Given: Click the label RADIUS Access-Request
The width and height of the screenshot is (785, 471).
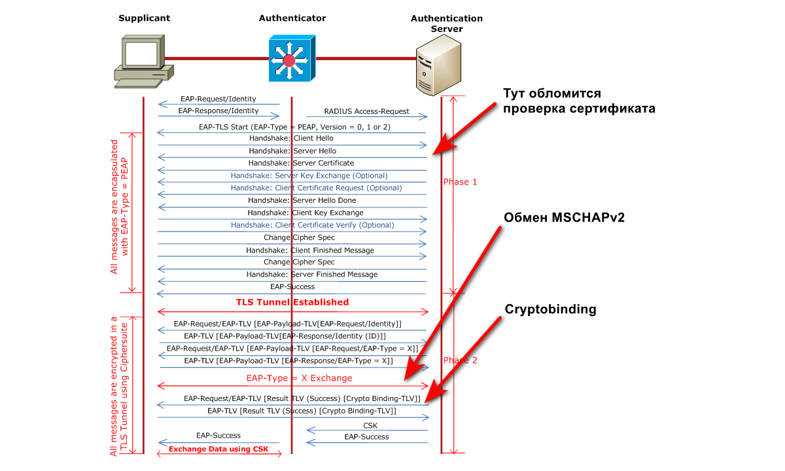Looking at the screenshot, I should coord(366,111).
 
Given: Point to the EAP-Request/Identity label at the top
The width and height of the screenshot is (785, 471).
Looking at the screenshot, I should coord(218,99).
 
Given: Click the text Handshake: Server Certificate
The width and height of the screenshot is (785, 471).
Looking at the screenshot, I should coord(301,163).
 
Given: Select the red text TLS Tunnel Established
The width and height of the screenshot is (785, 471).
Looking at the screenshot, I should coord(292,302).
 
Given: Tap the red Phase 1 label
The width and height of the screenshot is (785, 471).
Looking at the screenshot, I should coord(460,182).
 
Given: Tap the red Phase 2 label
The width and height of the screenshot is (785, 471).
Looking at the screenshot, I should coord(460,360).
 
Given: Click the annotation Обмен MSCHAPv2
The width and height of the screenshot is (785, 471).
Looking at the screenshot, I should coord(564,218).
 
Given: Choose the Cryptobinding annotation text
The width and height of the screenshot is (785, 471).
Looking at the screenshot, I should coord(550,309).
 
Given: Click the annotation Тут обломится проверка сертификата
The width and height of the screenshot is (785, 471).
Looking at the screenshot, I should coord(578,101).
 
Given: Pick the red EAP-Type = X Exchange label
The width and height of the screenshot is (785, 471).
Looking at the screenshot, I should coord(299,378).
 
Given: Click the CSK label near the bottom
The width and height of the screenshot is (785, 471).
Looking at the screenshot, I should coord(370,425).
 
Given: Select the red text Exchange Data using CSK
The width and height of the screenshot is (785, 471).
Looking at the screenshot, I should coord(218,449).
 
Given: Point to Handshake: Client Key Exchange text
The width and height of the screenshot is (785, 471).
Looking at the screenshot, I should coord(305,213).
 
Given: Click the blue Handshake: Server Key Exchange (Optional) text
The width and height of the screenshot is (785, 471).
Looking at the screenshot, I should coord(309,175).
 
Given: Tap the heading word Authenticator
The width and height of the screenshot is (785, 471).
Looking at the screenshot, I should coord(292,18).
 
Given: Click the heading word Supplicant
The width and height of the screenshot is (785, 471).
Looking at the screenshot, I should coord(144,18).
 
